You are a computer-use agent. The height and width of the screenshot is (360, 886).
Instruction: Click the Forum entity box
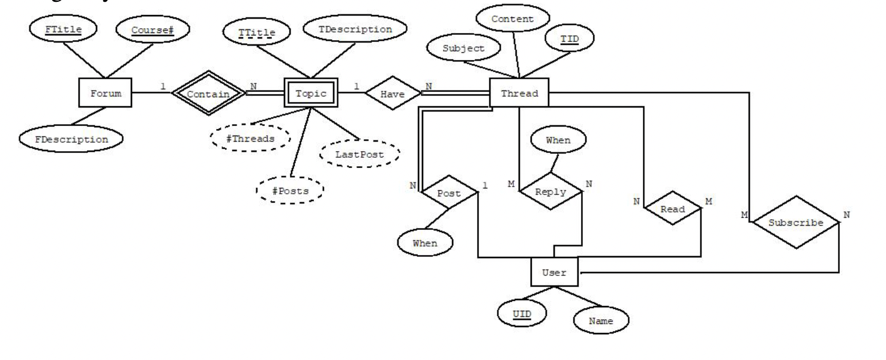tap(105, 94)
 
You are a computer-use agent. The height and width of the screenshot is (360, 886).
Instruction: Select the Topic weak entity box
tap(310, 94)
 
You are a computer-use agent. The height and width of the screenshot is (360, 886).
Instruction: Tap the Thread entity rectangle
tap(519, 94)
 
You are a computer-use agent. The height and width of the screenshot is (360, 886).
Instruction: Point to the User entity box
tap(553, 272)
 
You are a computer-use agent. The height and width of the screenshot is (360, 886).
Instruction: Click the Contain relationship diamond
tap(208, 94)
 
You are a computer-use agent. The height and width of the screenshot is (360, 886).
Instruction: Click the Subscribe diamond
tap(796, 222)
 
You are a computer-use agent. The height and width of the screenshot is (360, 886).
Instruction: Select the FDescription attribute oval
tap(71, 139)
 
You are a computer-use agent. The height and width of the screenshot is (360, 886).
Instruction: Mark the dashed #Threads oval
tap(250, 138)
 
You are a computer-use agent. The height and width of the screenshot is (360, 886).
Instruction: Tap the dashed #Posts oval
tap(289, 190)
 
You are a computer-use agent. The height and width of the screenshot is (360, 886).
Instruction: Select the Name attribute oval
tap(601, 321)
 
